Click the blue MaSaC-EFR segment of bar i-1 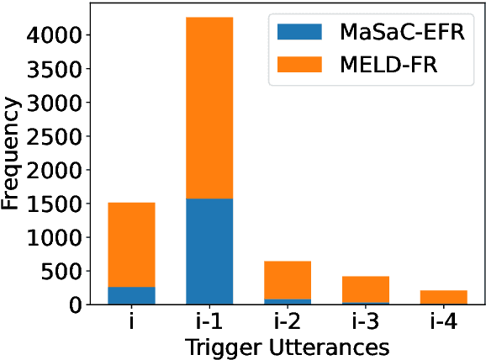click(x=209, y=251)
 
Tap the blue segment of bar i click(x=131, y=295)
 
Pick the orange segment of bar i click(x=131, y=245)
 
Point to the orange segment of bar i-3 click(x=365, y=289)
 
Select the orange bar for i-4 click(x=443, y=297)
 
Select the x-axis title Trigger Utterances click(x=288, y=346)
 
